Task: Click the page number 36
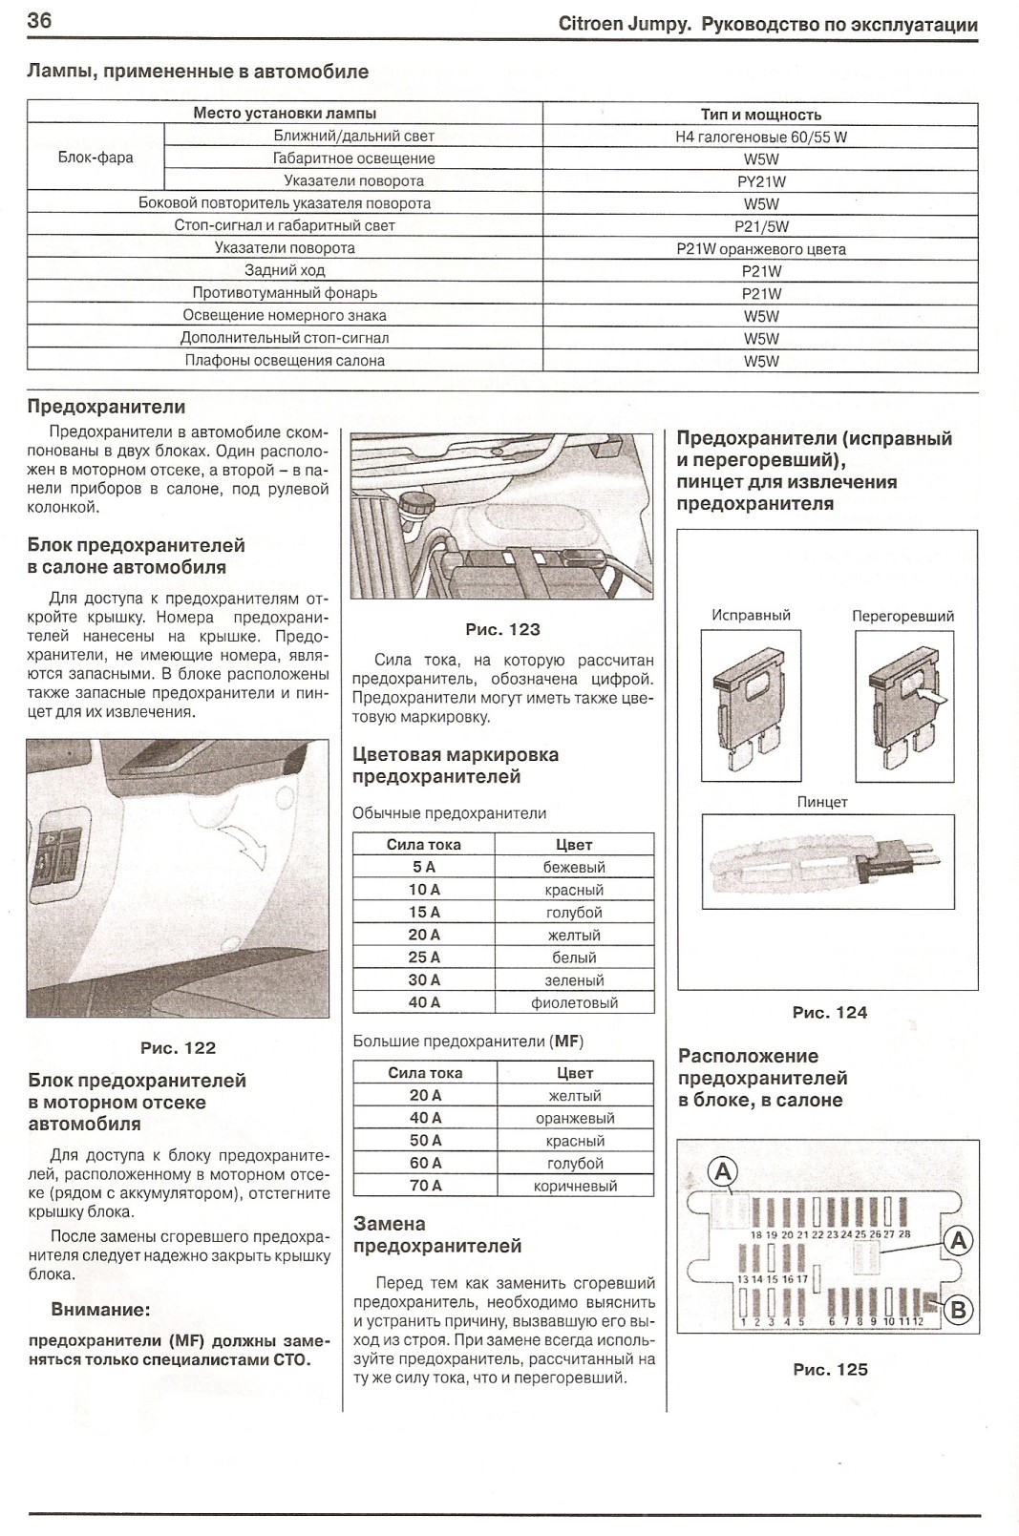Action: [x=39, y=21]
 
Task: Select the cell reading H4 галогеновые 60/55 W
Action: [x=760, y=137]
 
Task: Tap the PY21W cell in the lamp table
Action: [x=760, y=181]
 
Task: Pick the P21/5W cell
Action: [x=760, y=226]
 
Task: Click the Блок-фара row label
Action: [x=96, y=158]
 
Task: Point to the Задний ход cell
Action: [x=285, y=270]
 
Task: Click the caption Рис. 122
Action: [x=178, y=1047]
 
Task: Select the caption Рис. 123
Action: [x=502, y=629]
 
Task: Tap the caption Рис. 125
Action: [x=830, y=1369]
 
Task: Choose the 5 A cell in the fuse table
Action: [x=423, y=867]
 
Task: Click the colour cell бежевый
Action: [x=574, y=867]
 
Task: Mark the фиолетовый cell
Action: [x=574, y=1002]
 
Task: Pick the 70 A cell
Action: [x=425, y=1186]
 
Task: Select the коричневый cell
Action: [x=575, y=1186]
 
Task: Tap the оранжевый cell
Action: [x=575, y=1118]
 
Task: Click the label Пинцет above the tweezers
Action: [x=822, y=802]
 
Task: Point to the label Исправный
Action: [x=751, y=616]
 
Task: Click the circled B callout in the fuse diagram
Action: [x=957, y=1310]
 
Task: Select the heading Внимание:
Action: [x=100, y=1310]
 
